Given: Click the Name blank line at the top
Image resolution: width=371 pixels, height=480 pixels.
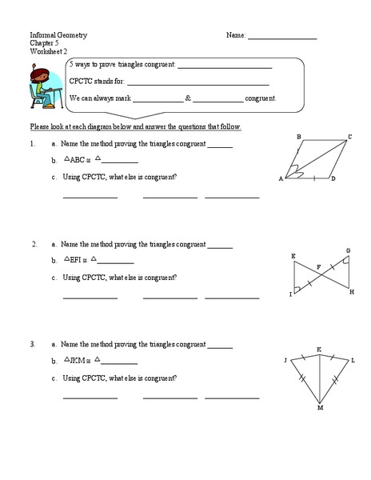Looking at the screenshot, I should (282, 38).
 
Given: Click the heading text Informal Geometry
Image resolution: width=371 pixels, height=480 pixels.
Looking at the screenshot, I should (58, 36).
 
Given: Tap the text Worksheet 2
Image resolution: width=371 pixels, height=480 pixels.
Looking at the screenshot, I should (50, 51).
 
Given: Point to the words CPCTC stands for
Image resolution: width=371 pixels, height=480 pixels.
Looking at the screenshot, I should (98, 82).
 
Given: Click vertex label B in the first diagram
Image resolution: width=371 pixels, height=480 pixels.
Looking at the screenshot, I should (298, 137).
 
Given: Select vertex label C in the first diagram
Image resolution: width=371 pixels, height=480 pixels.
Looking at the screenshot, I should (349, 137).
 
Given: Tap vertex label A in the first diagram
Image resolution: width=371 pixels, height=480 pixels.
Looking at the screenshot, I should (281, 178).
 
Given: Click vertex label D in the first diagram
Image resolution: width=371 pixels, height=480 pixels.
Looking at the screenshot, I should (333, 178).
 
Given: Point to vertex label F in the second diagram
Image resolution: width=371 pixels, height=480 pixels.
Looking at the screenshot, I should (318, 266).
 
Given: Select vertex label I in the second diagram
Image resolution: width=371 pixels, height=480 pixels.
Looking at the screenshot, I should (290, 294).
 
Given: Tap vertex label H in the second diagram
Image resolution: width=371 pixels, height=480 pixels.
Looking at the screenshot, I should (351, 292).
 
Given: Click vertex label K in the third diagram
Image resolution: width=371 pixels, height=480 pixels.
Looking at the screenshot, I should (319, 350).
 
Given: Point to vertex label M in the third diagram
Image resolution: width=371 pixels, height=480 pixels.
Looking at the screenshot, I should (320, 407).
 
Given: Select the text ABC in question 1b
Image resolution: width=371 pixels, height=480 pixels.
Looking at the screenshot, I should (78, 160).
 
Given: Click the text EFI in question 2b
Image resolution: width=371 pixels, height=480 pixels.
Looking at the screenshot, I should (77, 260).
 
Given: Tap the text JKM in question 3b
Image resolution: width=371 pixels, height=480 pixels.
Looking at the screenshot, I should (78, 361).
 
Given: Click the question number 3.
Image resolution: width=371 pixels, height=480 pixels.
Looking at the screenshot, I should (32, 344).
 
